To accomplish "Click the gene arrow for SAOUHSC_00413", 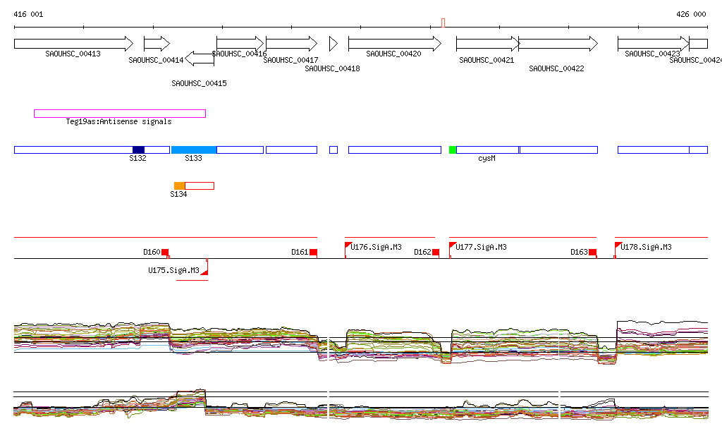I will tap(73, 43).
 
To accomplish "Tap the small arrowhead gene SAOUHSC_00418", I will tap(334, 43).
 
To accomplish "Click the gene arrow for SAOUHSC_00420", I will tap(394, 43).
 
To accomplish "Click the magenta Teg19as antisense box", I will tap(120, 114).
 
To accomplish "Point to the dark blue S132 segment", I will tap(138, 150).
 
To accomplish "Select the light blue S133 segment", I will tap(194, 150).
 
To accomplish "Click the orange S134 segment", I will tap(179, 186).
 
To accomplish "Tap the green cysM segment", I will tap(453, 150).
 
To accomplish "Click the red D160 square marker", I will tap(165, 253).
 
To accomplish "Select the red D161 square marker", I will tap(313, 253).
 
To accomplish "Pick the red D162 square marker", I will tap(436, 253).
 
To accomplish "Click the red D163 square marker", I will tap(592, 253).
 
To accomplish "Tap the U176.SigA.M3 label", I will tap(377, 247).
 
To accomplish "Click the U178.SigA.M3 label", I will tap(646, 247).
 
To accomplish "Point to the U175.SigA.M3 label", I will tap(173, 270).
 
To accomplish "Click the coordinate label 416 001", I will tap(28, 14).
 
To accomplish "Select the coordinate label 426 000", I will tap(691, 14).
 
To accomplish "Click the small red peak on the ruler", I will tap(443, 23).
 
